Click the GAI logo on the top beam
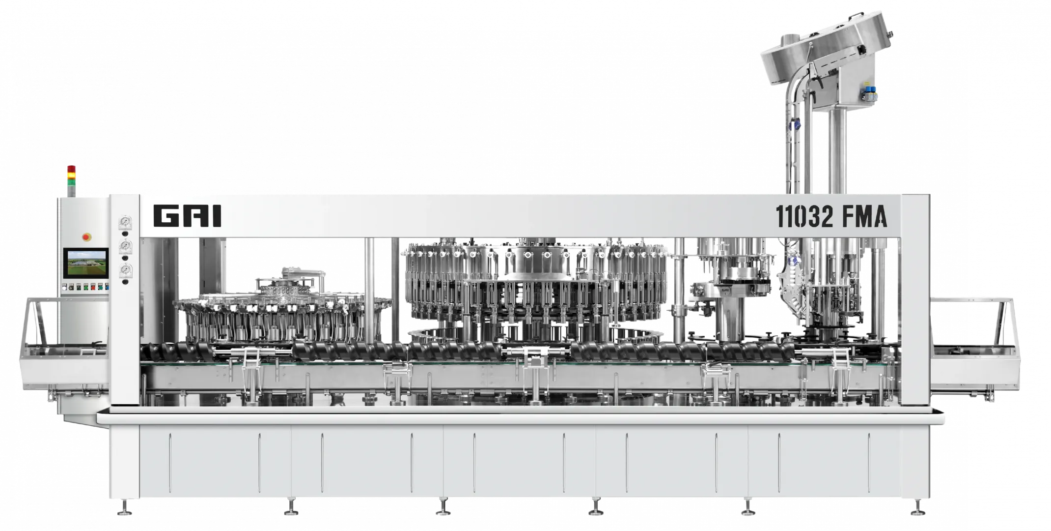(x=187, y=216)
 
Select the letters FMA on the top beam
(x=865, y=216)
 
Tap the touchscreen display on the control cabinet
(x=85, y=263)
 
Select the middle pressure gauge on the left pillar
(x=126, y=245)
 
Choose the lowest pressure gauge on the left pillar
(x=126, y=269)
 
